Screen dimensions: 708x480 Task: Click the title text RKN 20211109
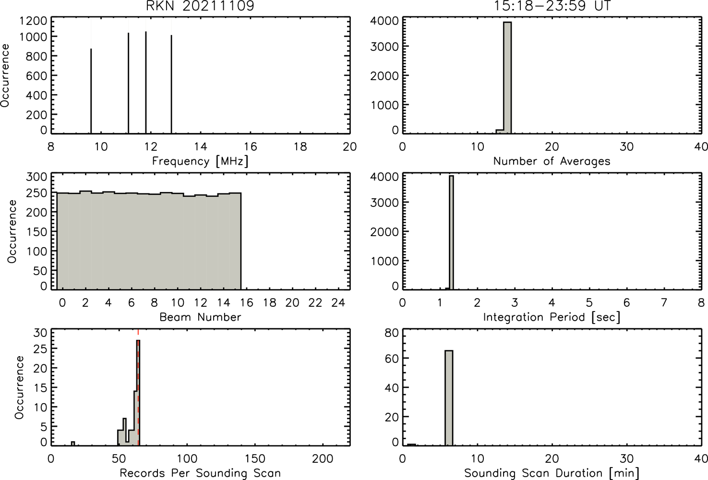pyautogui.click(x=200, y=6)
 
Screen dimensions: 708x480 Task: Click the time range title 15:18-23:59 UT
pyautogui.click(x=552, y=6)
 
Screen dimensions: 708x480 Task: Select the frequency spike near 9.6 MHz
pyautogui.click(x=91, y=91)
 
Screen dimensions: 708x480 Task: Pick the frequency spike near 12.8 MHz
pyautogui.click(x=171, y=84)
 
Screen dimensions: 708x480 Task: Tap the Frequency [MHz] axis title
pyautogui.click(x=200, y=161)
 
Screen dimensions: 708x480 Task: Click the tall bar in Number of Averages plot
pyautogui.click(x=507, y=78)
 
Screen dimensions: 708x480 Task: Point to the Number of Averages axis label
pyautogui.click(x=552, y=161)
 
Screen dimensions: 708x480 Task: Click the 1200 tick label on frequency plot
pyautogui.click(x=33, y=21)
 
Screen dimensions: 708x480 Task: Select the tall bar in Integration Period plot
pyautogui.click(x=451, y=232)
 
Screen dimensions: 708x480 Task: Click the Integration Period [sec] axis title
pyautogui.click(x=552, y=317)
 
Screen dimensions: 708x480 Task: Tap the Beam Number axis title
pyautogui.click(x=200, y=317)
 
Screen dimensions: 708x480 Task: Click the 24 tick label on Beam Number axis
pyautogui.click(x=338, y=303)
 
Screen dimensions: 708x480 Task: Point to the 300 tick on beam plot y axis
pyautogui.click(x=36, y=177)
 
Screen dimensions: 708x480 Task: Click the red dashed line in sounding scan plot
pyautogui.click(x=138, y=387)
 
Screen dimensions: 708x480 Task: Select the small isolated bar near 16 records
pyautogui.click(x=73, y=444)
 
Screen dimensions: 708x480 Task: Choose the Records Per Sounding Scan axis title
pyautogui.click(x=200, y=473)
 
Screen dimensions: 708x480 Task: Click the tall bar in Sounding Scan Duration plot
pyautogui.click(x=449, y=398)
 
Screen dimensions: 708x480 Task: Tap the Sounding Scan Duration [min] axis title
pyautogui.click(x=552, y=473)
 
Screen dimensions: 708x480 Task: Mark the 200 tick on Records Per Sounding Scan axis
pyautogui.click(x=323, y=458)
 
